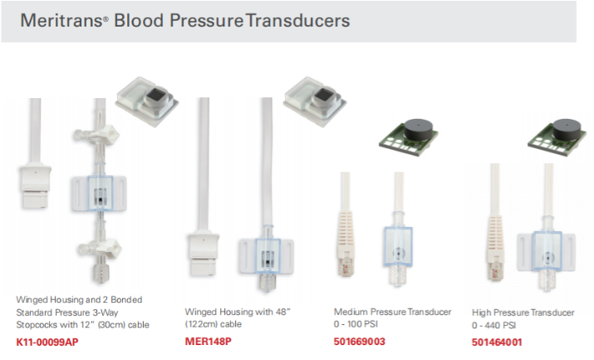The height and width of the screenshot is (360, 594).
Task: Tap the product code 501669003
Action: pos(359,342)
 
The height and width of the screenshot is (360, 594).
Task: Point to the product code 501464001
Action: pos(497,342)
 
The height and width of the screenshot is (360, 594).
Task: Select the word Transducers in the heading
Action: pos(297,19)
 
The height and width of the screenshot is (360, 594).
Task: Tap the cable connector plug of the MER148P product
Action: pos(202,254)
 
